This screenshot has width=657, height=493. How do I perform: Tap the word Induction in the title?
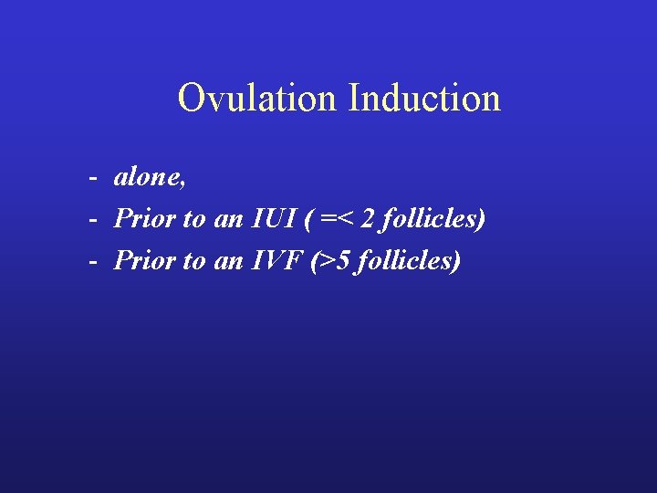click(x=424, y=99)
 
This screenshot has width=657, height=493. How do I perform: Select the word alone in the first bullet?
click(x=148, y=178)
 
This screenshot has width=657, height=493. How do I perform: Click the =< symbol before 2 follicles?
click(x=338, y=220)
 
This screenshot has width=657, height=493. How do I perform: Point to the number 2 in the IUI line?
click(x=368, y=219)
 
